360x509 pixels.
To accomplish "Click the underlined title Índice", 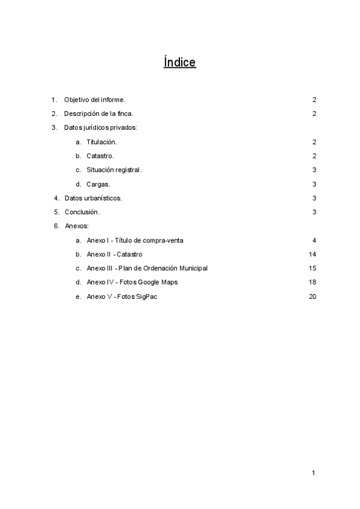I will (179, 62).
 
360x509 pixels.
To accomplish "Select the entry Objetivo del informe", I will (94, 100).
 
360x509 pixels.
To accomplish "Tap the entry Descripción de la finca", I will (98, 113).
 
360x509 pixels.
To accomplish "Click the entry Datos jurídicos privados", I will (101, 128).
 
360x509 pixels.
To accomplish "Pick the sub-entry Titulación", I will (101, 142).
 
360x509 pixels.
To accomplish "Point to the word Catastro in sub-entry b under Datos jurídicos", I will (100, 156).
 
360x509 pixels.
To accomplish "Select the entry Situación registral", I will (114, 170).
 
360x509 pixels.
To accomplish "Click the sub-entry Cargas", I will (98, 184).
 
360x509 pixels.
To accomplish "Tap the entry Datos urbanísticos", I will (93, 198).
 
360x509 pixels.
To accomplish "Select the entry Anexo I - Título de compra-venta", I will (135, 240).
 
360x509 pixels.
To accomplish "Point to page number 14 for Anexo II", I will (312, 254).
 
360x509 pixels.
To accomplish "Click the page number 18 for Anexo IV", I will (312, 282).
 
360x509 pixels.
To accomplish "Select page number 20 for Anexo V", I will (312, 297).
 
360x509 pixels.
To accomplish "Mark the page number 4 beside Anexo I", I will (314, 240).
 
